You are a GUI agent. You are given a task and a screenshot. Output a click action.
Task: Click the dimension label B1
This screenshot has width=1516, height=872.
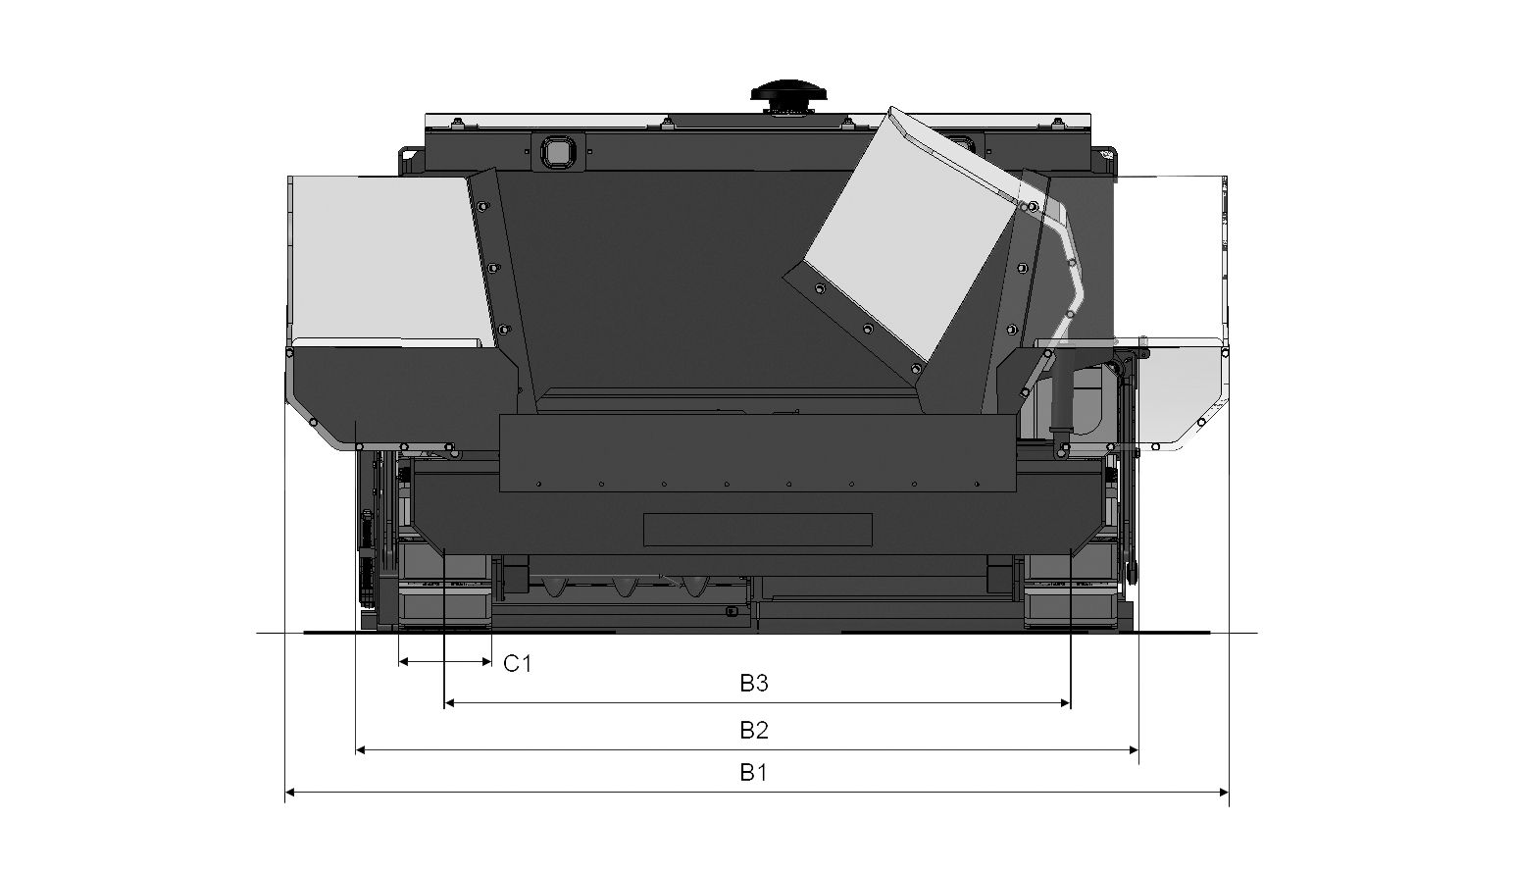tap(753, 773)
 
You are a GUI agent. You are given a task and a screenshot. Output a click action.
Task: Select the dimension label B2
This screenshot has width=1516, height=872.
tap(753, 730)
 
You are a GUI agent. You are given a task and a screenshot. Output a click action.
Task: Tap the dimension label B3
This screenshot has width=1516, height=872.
tap(753, 683)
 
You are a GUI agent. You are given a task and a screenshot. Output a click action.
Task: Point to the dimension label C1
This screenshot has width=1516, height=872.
tap(517, 663)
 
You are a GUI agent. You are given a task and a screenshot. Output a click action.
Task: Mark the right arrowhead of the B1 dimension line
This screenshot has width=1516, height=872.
tap(1222, 793)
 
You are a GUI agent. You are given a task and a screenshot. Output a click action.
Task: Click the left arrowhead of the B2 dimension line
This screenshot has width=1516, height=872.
tap(362, 750)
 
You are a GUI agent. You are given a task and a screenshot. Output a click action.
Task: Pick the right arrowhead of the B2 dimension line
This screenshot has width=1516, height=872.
tap(1132, 750)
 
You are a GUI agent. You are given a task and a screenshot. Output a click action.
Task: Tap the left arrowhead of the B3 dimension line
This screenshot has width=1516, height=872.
tap(450, 703)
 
